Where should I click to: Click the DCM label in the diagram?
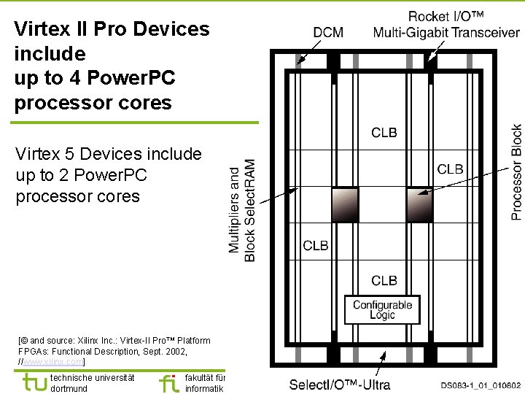(x=328, y=32)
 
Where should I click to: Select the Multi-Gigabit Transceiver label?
(x=446, y=32)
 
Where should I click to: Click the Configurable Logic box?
(x=383, y=310)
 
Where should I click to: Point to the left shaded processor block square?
(x=345, y=204)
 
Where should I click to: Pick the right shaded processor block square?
(x=419, y=204)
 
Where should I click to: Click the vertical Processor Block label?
(x=516, y=172)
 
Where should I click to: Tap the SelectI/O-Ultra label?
(x=340, y=385)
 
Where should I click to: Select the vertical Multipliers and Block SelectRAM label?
(x=242, y=210)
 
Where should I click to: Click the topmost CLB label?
(x=384, y=132)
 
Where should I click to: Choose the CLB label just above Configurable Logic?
(x=384, y=280)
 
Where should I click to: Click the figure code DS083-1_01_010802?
(x=481, y=385)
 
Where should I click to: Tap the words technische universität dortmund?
(x=92, y=383)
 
